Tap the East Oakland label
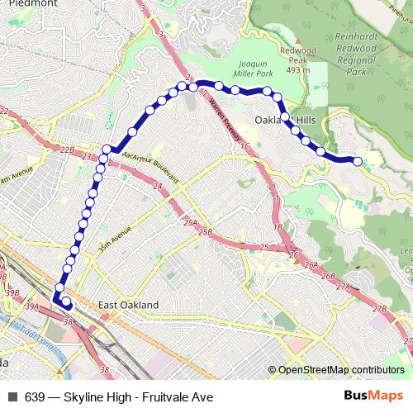(x=128, y=305)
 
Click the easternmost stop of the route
(x=358, y=161)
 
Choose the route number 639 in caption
(x=34, y=397)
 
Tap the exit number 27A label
(x=343, y=286)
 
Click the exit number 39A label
(x=31, y=306)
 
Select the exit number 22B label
(x=66, y=150)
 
